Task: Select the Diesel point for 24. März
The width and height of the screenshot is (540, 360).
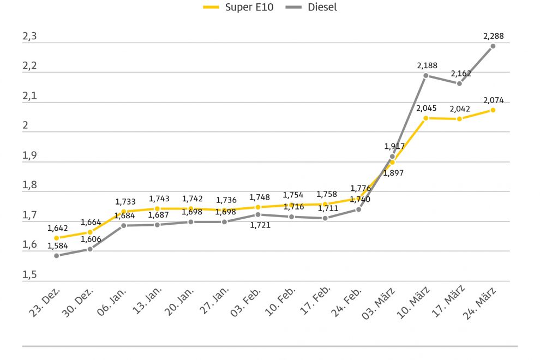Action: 493,46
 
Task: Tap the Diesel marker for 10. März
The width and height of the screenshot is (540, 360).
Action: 426,75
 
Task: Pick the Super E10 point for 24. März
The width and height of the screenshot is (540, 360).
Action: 493,110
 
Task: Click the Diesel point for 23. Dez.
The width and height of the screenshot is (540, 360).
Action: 56,255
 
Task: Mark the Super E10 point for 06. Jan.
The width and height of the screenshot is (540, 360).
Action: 124,212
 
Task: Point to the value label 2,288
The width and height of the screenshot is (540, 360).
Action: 493,37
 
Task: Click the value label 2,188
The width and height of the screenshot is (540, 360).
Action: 427,66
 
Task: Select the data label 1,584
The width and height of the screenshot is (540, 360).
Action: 57,245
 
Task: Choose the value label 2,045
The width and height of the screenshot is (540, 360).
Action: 427,108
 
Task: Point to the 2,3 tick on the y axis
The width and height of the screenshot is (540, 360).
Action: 29,37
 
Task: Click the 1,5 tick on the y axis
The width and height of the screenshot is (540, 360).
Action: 29,275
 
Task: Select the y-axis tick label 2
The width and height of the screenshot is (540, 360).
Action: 25,127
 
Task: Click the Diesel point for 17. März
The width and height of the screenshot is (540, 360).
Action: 459,83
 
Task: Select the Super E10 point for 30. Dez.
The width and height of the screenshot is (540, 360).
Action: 90,232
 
